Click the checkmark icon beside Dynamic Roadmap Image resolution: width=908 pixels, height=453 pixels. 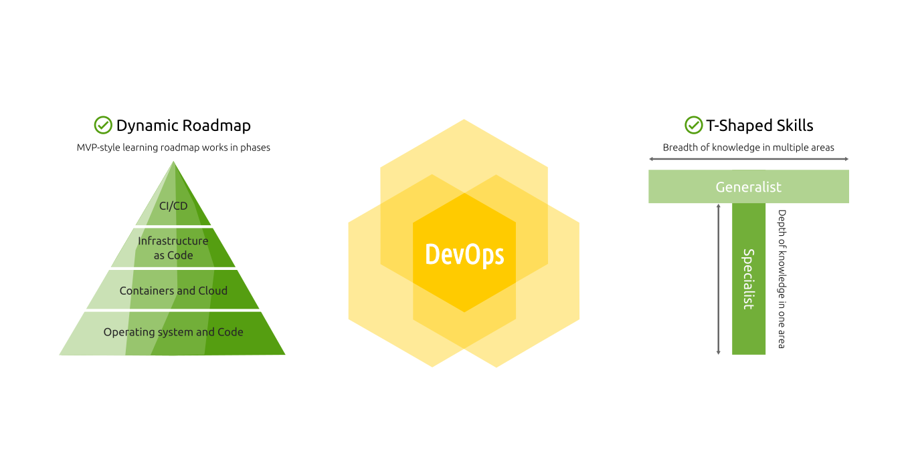point(103,125)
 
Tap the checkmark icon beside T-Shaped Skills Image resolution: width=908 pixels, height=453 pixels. point(693,125)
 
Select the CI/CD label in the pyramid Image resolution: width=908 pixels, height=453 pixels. point(173,206)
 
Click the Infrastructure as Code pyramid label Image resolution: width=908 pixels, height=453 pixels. point(173,248)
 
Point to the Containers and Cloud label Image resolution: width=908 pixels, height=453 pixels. point(173,291)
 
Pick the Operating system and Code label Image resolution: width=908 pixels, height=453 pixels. point(173,332)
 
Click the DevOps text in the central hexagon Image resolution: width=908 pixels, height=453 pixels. point(464,255)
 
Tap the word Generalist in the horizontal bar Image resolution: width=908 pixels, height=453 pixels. point(748,187)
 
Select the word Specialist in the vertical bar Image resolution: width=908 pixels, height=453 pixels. point(748,279)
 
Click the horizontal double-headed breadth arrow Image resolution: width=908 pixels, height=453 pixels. point(748,159)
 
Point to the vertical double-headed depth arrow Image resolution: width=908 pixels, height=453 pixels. point(718,279)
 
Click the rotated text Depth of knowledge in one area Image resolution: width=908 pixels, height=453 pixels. point(781,279)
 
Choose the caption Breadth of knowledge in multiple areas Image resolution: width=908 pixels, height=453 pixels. point(748,148)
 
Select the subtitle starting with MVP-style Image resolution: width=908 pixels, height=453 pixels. point(173,148)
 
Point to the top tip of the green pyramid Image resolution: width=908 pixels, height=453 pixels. point(175,162)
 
